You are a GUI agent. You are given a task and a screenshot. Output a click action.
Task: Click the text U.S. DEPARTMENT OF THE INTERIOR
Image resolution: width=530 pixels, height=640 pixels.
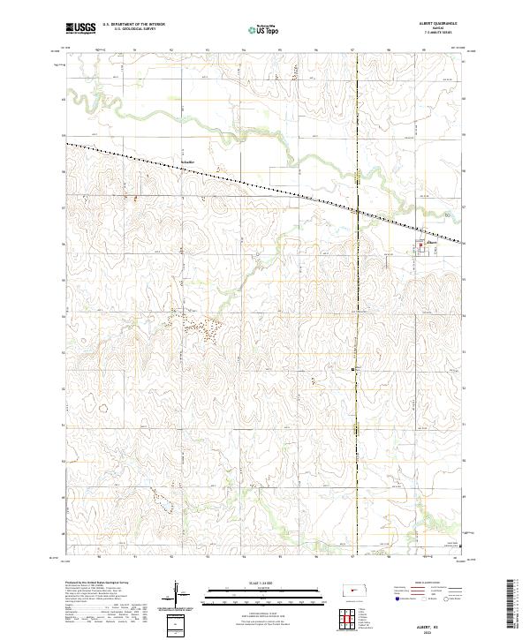tap(133, 25)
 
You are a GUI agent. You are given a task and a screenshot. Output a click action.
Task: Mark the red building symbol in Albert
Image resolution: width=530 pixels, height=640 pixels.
tap(420, 247)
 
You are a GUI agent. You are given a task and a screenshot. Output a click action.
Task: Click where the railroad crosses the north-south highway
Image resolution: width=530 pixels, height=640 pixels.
tap(356, 210)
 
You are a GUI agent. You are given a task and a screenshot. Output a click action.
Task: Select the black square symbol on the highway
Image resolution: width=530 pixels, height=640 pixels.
tap(353, 368)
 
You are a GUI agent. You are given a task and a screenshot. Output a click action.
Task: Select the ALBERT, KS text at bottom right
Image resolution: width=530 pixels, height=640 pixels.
tap(439, 623)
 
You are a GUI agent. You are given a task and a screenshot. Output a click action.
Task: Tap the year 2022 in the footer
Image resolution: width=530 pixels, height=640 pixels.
tap(439, 630)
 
